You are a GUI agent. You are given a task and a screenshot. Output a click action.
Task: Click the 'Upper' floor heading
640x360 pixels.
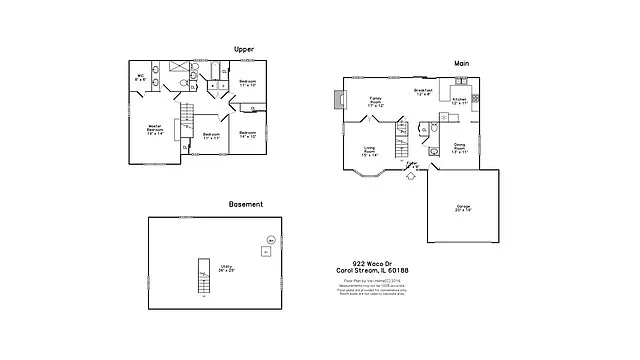pos(242,48)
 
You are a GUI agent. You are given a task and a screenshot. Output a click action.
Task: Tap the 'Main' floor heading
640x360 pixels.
pos(462,63)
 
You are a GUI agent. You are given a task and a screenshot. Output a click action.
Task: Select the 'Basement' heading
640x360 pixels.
pos(246,204)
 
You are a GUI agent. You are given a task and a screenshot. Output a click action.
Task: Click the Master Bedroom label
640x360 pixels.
pos(155,129)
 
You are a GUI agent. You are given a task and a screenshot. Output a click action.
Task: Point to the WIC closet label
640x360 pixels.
pos(141,78)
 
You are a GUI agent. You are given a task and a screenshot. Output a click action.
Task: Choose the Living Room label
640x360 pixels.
pos(370,151)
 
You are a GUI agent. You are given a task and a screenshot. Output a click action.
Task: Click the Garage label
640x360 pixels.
pos(463,208)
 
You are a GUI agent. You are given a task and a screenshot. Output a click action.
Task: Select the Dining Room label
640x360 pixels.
pos(459,148)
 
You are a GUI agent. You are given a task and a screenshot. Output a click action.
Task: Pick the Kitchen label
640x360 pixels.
pos(459,100)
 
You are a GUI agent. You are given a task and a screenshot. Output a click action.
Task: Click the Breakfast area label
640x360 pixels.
pos(423,92)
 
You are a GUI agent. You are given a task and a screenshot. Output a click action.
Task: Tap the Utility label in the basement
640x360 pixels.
pos(227,268)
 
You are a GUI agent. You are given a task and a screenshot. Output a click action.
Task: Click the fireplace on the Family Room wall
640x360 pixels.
pos(338,99)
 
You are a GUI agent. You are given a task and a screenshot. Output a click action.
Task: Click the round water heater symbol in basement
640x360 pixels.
pos(270,241)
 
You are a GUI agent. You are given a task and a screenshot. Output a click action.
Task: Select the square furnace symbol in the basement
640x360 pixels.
pos(265,253)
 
